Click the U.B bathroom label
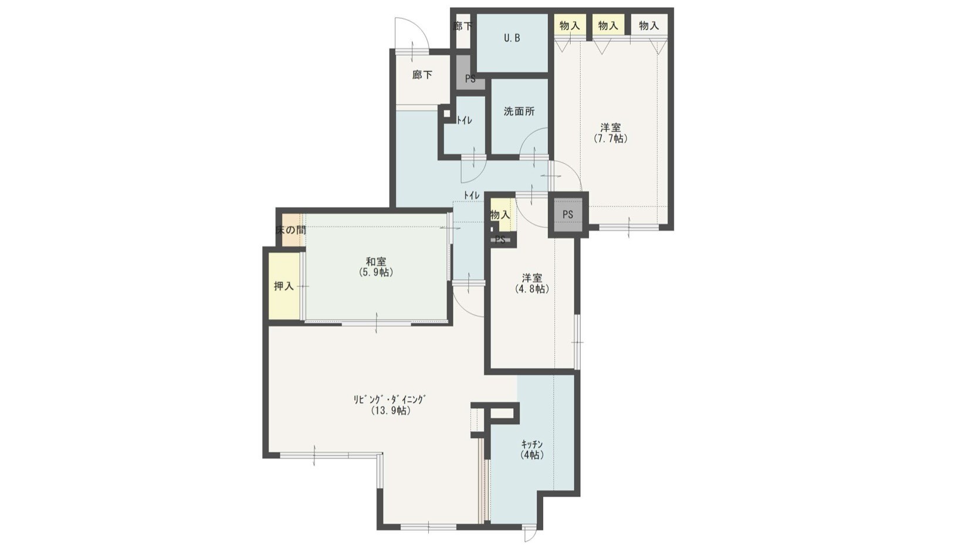512,38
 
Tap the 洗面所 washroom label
519,111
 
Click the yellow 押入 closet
284,286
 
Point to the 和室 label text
376,261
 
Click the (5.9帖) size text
376,272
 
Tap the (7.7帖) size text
610,139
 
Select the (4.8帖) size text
532,289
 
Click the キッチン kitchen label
532,444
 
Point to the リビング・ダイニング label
390,399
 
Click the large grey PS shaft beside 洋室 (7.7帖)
568,214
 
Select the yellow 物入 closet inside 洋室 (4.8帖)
501,215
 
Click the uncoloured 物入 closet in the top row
649,26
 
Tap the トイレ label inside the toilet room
464,121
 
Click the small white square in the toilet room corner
446,114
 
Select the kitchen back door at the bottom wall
530,533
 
